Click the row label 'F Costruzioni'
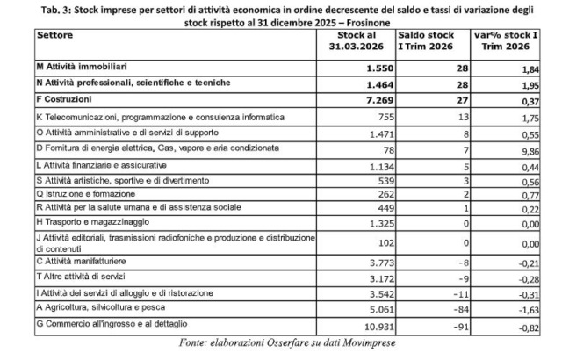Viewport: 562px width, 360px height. pos(69,100)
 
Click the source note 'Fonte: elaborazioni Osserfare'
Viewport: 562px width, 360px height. pos(282,342)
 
